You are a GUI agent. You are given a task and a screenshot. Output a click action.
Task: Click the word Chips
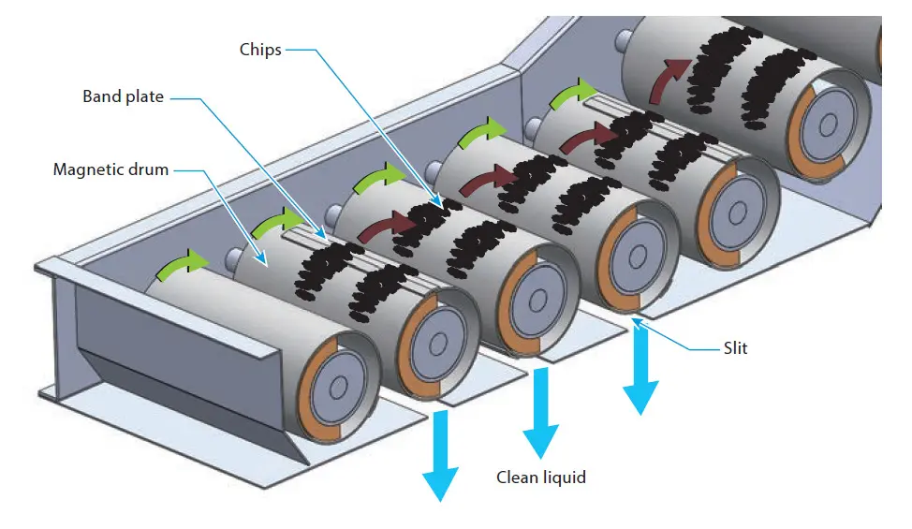260,50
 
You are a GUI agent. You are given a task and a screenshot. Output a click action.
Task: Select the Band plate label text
123,96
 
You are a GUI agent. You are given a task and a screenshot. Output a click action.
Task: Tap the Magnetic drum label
110,169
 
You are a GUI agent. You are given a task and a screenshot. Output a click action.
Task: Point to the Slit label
735,348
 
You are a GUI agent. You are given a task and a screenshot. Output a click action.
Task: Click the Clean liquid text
541,478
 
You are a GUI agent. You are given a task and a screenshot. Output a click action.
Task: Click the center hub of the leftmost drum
332,386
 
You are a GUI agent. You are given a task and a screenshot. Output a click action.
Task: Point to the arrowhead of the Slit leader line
632,321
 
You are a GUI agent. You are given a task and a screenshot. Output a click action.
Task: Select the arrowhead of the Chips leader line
440,203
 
